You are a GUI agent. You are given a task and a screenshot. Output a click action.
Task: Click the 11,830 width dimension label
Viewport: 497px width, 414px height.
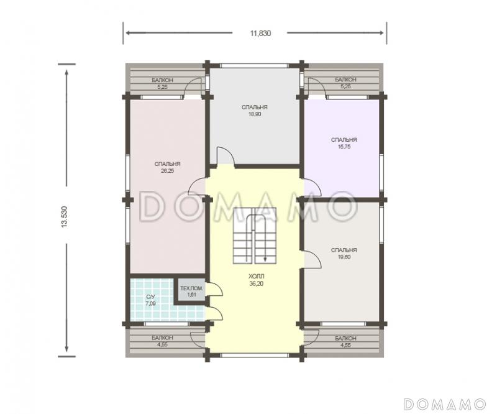click(x=260, y=34)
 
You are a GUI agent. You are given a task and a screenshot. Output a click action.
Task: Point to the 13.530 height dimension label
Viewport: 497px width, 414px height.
click(x=65, y=217)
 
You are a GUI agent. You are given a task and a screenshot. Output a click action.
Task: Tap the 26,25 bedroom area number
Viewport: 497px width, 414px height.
click(x=168, y=171)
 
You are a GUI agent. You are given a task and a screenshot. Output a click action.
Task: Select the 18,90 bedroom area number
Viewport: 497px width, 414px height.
click(x=255, y=114)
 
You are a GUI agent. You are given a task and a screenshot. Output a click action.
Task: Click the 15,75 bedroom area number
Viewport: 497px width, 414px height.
click(x=344, y=147)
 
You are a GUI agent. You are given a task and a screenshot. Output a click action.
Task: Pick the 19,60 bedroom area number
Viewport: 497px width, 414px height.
click(x=344, y=257)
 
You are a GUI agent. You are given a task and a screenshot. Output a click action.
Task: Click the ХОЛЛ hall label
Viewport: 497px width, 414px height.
click(x=256, y=277)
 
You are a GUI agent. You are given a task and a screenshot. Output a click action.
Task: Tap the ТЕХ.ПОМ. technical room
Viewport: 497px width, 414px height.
click(x=191, y=291)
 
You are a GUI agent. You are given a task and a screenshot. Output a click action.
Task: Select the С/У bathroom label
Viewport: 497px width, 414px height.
click(x=150, y=297)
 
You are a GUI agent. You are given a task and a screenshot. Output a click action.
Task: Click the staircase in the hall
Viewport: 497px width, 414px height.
click(x=255, y=235)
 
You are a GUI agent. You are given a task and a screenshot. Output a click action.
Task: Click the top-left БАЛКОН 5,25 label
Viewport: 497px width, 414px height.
click(x=162, y=83)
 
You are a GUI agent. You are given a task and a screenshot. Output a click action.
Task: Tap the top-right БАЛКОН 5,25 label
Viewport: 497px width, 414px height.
click(x=345, y=83)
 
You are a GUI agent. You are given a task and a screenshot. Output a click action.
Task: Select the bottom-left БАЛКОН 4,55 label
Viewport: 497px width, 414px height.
click(x=162, y=341)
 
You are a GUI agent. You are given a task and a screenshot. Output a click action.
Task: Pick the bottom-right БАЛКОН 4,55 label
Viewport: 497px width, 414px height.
click(x=345, y=342)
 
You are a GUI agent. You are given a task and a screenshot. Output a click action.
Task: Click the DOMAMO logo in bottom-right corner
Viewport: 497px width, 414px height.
click(x=445, y=404)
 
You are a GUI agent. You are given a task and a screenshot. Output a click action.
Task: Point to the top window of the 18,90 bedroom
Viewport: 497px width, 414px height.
click(x=255, y=66)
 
